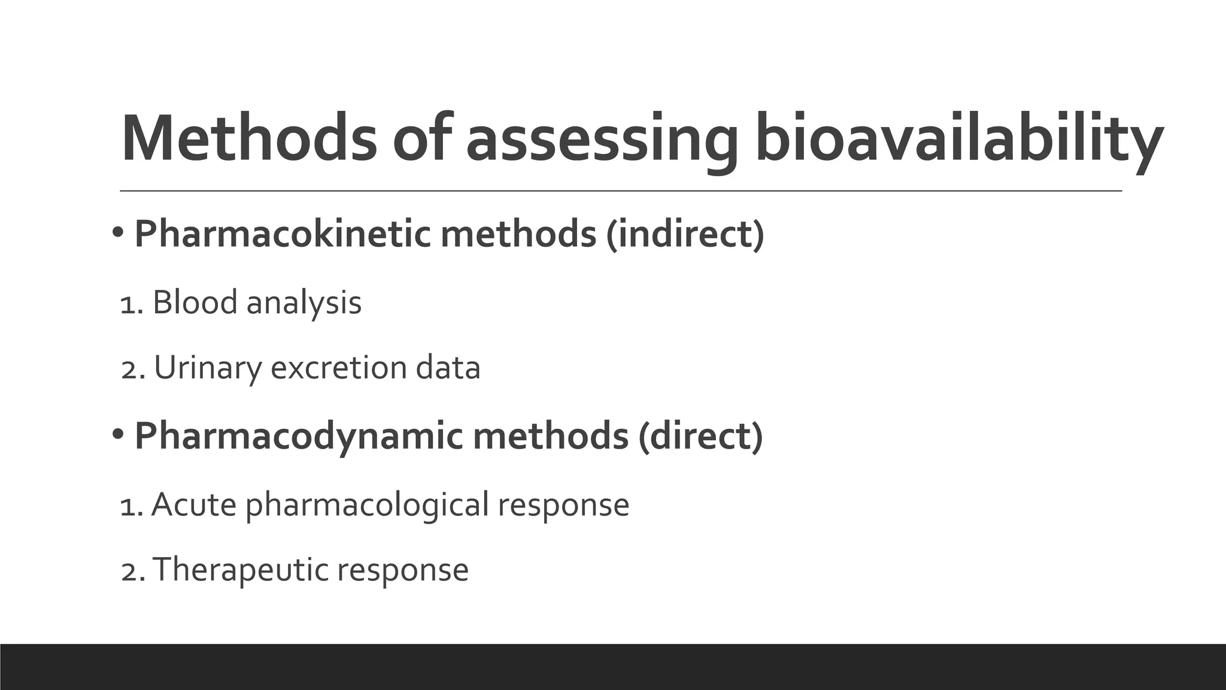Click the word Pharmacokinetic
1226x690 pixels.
(x=282, y=234)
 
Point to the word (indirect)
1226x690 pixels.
(x=685, y=234)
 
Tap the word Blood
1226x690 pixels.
(x=195, y=302)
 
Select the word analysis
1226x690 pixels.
(x=304, y=303)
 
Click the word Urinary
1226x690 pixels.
(x=208, y=368)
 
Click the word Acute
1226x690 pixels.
(x=194, y=504)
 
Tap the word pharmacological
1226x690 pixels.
(x=368, y=506)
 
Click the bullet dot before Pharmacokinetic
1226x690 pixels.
(x=117, y=231)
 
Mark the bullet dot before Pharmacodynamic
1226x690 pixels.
(x=117, y=433)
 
